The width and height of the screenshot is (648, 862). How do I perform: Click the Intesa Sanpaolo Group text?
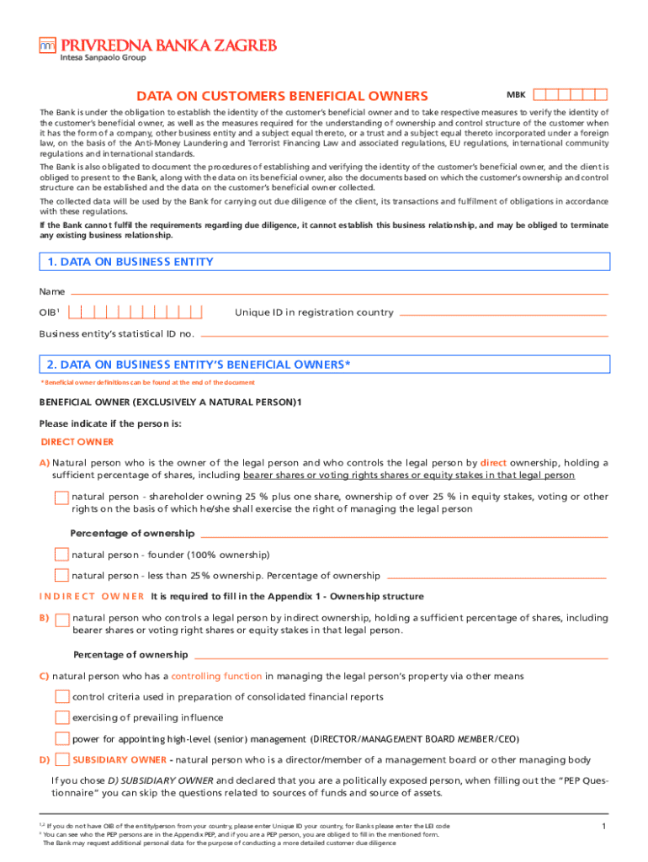point(102,58)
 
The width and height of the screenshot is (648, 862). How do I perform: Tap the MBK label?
point(516,95)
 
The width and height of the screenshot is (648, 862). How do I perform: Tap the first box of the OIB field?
point(75,312)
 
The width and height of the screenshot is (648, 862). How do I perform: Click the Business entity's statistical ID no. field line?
point(403,334)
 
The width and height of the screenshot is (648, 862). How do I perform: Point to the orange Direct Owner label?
point(77,442)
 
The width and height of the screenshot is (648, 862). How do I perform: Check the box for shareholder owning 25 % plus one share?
point(61,498)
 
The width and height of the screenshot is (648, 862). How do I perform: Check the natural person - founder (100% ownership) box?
point(61,555)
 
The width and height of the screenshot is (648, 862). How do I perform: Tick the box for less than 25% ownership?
point(61,576)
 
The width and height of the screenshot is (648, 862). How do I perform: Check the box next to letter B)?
point(61,620)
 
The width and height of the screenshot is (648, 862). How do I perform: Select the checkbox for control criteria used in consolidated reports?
point(61,697)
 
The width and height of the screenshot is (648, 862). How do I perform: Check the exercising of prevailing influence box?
point(61,718)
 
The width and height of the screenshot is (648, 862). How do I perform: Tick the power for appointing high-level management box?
point(61,739)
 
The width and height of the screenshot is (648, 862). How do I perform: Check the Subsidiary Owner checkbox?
point(61,760)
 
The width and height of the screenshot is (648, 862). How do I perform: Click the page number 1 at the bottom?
point(604,827)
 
